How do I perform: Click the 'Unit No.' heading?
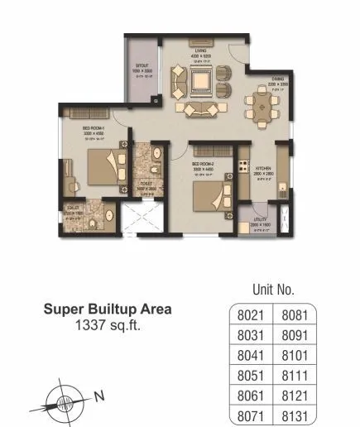point(272,290)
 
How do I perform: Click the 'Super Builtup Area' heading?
point(108,310)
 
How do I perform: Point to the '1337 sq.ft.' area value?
point(108,326)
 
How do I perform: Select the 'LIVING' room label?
point(199,50)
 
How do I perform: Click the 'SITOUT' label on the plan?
point(143,67)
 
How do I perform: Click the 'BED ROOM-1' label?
point(91,129)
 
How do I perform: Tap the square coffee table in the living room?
point(199,81)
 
